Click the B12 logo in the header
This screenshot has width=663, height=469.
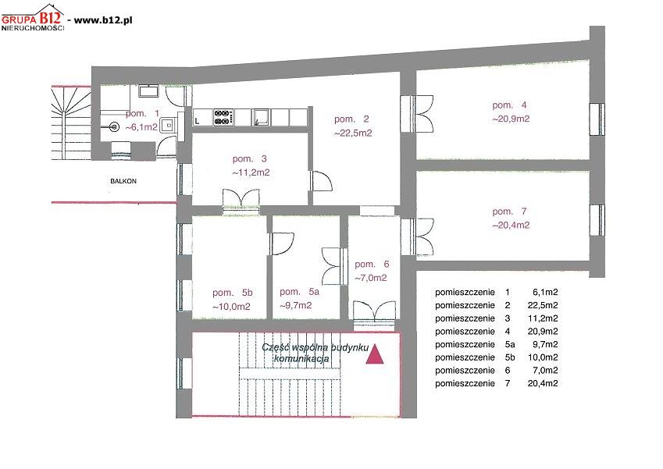pyautogui.click(x=33, y=17)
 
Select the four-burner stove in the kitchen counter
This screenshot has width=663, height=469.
pyautogui.click(x=223, y=117)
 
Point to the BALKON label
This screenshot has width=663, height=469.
pyautogui.click(x=123, y=181)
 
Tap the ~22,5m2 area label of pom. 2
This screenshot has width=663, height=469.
pyautogui.click(x=353, y=133)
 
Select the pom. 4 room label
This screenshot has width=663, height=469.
pyautogui.click(x=509, y=105)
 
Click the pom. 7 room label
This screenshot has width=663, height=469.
pyautogui.click(x=509, y=211)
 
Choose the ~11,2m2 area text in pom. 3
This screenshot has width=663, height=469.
pyautogui.click(x=251, y=172)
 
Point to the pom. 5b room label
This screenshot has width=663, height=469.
pyautogui.click(x=233, y=293)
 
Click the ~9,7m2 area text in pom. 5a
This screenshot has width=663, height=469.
pyautogui.click(x=296, y=305)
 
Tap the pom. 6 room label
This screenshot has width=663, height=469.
pyautogui.click(x=372, y=264)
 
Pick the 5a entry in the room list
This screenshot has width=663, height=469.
pyautogui.click(x=509, y=344)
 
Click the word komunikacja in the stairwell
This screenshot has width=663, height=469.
pyautogui.click(x=301, y=359)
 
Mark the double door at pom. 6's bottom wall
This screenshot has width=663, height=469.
pyautogui.click(x=375, y=313)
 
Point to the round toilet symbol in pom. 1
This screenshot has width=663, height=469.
pyautogui.click(x=114, y=126)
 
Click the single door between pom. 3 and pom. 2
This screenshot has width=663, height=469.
pyautogui.click(x=322, y=181)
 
